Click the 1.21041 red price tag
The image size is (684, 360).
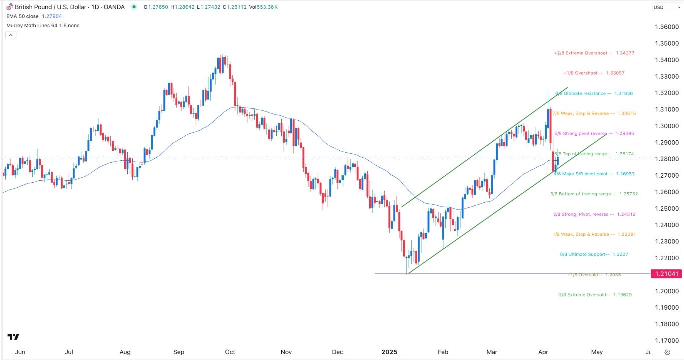[666, 274]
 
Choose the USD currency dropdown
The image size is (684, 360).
[665, 7]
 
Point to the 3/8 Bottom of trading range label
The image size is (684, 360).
[594, 194]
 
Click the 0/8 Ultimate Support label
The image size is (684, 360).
[594, 254]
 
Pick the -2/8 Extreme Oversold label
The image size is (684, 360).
[594, 295]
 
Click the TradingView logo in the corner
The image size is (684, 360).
[14, 337]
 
